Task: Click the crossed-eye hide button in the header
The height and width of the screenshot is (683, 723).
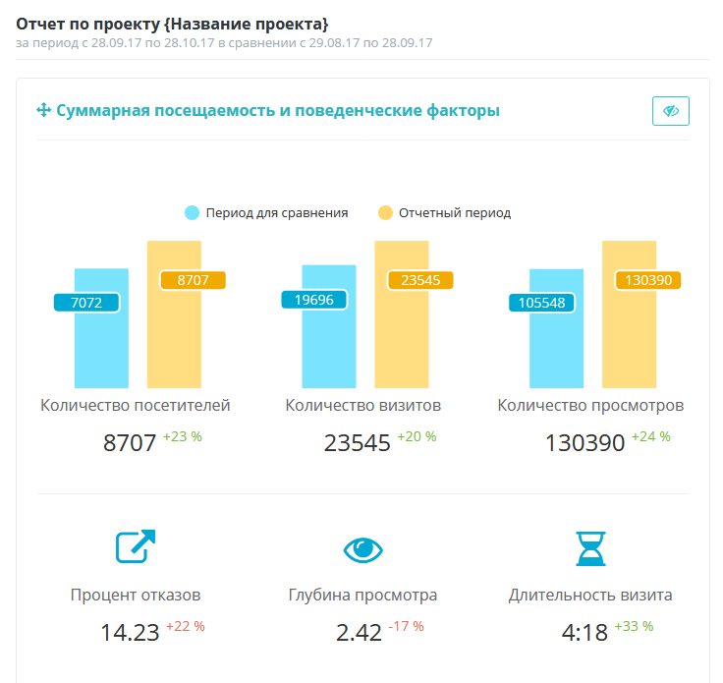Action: (x=671, y=111)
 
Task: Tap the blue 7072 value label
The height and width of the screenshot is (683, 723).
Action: (x=86, y=303)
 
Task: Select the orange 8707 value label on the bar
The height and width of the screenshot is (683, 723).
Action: (x=193, y=280)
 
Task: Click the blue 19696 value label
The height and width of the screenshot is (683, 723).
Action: (x=313, y=300)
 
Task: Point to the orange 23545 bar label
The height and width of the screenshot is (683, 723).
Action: (x=419, y=280)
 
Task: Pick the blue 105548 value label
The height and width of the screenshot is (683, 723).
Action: (x=541, y=303)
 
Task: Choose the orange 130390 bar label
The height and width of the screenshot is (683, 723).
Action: (x=648, y=280)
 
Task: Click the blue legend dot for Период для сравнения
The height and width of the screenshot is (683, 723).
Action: (x=192, y=212)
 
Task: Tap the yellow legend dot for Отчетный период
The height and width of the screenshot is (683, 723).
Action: (x=385, y=212)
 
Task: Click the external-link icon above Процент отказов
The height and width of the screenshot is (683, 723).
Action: (x=136, y=547)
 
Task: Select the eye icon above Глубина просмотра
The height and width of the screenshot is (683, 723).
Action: (x=362, y=549)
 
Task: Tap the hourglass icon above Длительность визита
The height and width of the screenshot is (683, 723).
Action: (x=590, y=548)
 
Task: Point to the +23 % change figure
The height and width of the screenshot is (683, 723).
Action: (x=183, y=436)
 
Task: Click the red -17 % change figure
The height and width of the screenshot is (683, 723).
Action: (x=408, y=626)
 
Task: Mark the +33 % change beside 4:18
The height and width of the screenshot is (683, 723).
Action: (x=634, y=626)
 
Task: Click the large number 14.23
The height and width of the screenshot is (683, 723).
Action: (x=130, y=632)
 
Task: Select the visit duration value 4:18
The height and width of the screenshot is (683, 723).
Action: (x=584, y=632)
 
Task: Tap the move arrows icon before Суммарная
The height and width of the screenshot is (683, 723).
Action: (x=43, y=111)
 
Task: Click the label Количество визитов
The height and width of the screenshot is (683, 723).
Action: (x=362, y=405)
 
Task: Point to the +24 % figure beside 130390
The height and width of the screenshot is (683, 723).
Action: (x=651, y=436)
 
